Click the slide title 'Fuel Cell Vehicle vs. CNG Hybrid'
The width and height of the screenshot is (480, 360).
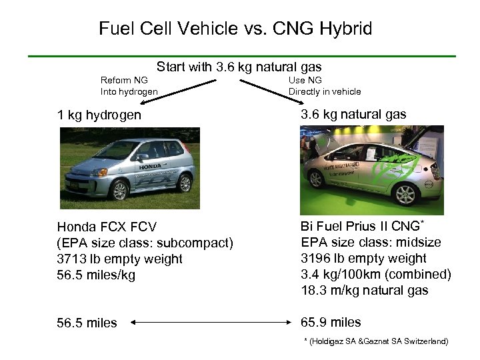point(235,29)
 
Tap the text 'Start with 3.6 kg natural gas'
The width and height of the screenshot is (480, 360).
point(239,67)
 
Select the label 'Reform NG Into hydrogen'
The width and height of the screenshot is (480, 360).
point(129,86)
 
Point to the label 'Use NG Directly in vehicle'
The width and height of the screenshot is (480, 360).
point(324,86)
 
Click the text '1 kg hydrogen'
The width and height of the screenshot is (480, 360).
point(99,115)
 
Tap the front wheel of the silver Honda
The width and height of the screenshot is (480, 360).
point(120,190)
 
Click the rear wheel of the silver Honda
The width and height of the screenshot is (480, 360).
point(183,182)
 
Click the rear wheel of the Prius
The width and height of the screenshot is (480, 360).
point(406,193)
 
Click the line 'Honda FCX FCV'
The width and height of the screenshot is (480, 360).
point(107,227)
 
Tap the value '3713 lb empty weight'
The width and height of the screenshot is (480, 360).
point(119,259)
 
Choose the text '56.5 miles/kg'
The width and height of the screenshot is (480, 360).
point(96,275)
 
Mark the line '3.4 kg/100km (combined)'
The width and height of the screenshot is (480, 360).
point(376,274)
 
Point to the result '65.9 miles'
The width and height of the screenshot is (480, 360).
point(331,323)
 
